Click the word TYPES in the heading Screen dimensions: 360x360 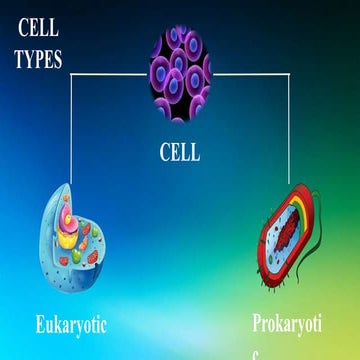coord(37,59)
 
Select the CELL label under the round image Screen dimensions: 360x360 coord(179,153)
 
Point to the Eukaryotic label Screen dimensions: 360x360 coord(70,325)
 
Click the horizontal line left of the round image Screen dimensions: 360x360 coord(110,75)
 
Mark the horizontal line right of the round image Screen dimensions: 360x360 coord(250,75)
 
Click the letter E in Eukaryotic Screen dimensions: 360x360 coord(41,325)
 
